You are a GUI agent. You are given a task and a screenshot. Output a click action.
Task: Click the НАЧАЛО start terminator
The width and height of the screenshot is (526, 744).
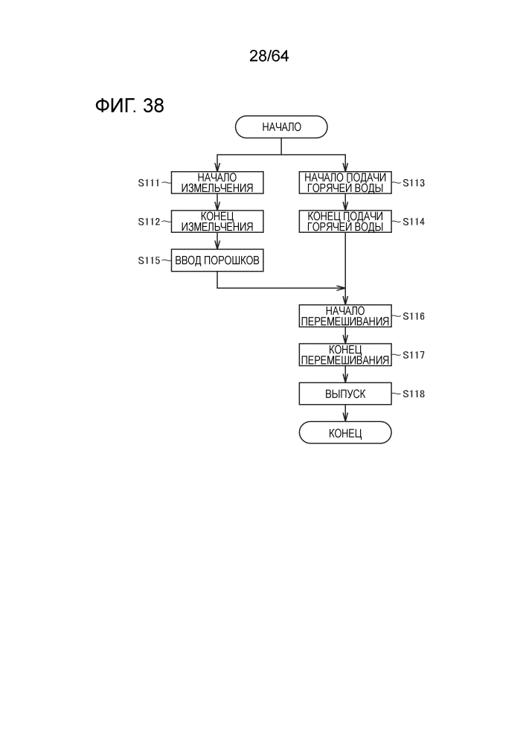(281, 127)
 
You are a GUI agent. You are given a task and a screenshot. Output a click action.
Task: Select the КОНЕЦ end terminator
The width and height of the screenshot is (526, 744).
(345, 433)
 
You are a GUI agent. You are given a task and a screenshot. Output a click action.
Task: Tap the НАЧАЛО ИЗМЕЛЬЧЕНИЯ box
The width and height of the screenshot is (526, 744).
(217, 182)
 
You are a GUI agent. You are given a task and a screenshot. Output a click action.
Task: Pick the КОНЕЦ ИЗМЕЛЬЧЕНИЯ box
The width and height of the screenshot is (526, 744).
(217, 221)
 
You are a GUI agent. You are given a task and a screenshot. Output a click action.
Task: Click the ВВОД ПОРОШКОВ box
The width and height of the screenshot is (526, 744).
(217, 260)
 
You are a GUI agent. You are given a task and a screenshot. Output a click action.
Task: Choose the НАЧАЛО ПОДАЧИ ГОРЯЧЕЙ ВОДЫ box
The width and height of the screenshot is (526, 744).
(345, 182)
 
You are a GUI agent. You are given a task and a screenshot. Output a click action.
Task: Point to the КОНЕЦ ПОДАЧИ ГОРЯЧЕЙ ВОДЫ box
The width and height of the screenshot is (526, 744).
(345, 221)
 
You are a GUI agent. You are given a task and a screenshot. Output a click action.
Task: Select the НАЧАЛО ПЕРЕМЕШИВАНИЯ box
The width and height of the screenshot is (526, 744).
(345, 316)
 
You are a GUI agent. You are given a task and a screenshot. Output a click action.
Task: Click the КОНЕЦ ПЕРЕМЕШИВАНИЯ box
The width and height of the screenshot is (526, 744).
(345, 355)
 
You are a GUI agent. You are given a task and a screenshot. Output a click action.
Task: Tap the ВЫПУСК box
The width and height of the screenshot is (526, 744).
(345, 394)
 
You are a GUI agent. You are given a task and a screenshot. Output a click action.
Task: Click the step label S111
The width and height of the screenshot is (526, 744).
(149, 183)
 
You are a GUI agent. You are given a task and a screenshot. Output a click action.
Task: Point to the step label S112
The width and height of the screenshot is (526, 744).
(149, 222)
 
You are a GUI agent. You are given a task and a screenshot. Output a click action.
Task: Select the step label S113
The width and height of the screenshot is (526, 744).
(414, 183)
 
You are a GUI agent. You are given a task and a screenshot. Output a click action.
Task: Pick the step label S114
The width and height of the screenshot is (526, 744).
(414, 222)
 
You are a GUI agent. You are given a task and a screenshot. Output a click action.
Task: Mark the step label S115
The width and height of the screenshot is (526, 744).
(149, 261)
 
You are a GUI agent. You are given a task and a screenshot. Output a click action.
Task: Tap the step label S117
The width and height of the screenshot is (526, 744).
(414, 356)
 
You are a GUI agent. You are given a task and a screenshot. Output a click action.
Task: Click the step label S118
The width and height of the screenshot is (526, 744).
(414, 394)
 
